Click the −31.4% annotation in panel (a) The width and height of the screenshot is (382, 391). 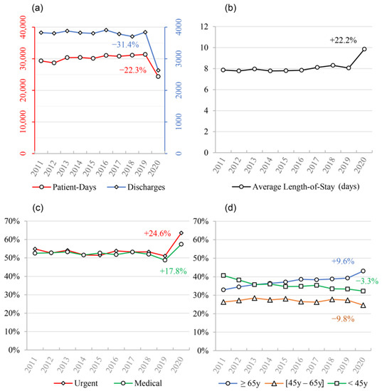[x=125, y=45]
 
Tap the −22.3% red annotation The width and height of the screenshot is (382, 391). [x=133, y=70]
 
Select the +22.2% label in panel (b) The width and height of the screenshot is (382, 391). [x=344, y=40]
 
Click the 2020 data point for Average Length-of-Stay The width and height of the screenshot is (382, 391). [x=364, y=49]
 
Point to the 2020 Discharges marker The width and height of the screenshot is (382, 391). [x=158, y=70]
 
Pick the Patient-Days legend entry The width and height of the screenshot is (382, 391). [x=64, y=187]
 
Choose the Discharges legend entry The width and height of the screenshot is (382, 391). [x=137, y=187]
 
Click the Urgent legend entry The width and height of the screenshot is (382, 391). [x=76, y=383]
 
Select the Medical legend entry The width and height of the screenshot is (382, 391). [x=138, y=383]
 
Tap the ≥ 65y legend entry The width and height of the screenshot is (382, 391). [x=239, y=383]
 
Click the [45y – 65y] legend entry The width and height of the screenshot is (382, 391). [x=295, y=383]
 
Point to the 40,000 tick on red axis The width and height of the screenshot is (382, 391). [x=23, y=27]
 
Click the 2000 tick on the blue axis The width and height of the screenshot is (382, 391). [x=179, y=90]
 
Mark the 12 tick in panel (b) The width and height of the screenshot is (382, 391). [x=206, y=27]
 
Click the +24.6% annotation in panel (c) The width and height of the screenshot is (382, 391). [x=157, y=233]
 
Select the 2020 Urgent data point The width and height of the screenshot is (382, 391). [x=181, y=233]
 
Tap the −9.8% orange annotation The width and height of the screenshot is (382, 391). [x=343, y=318]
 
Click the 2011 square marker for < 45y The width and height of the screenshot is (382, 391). [x=223, y=276]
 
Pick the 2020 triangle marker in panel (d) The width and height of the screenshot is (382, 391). [x=364, y=305]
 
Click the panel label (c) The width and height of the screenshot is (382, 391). [x=38, y=208]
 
